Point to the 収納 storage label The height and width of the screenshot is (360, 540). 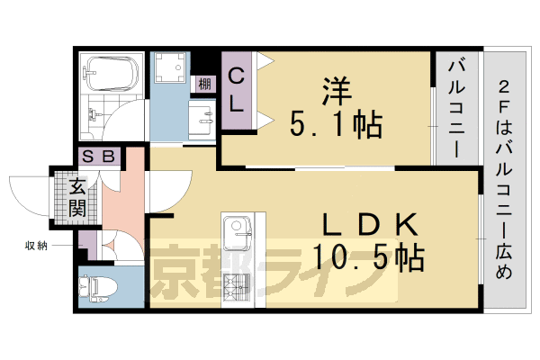point(36,244)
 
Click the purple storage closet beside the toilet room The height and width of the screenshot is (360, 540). point(88,244)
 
